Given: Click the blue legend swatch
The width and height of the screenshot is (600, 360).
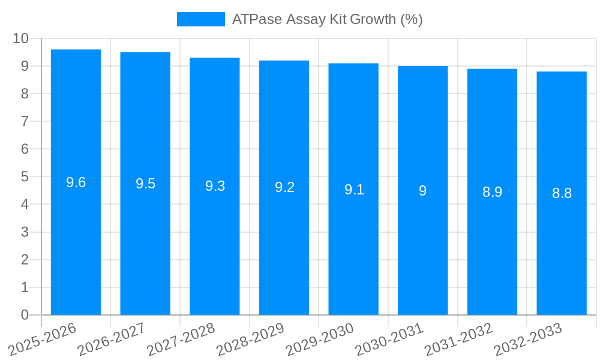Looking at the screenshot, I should point(200,19).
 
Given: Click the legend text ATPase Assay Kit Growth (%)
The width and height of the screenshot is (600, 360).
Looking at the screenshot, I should point(327,19).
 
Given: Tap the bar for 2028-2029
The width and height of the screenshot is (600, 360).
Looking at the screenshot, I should point(284,240).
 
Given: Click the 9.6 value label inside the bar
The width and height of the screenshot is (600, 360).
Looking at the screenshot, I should point(76,182).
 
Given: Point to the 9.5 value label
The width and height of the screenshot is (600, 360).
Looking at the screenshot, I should point(145,184).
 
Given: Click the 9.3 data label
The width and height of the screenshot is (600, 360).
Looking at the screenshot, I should point(215,186).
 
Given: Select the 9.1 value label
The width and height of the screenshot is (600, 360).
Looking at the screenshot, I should point(354,190).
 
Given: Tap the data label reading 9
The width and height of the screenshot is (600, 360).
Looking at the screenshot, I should point(423,191).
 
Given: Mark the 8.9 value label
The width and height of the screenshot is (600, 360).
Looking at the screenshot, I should point(492,192).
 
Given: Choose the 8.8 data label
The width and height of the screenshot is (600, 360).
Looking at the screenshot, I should point(562,193).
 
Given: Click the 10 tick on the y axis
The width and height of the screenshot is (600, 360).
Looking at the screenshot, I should point(21,38).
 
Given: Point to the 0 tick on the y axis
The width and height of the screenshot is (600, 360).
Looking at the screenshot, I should point(25,315).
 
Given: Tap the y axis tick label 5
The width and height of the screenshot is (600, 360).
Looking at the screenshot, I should point(25,177).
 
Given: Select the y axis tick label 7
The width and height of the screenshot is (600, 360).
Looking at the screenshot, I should point(25,121).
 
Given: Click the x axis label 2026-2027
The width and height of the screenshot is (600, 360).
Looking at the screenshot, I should point(112,340).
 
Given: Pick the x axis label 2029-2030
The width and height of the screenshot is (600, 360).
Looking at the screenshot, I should point(320,340).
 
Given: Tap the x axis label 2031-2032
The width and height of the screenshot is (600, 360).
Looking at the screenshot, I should point(459,340).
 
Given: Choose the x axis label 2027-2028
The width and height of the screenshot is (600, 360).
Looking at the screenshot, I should point(181,340).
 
